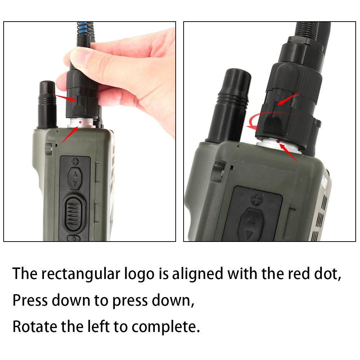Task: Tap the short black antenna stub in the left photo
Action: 47,104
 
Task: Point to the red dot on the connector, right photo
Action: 279,141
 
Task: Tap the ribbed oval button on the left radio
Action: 74,213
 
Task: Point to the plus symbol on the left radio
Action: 75,161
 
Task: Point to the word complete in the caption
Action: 165,327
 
